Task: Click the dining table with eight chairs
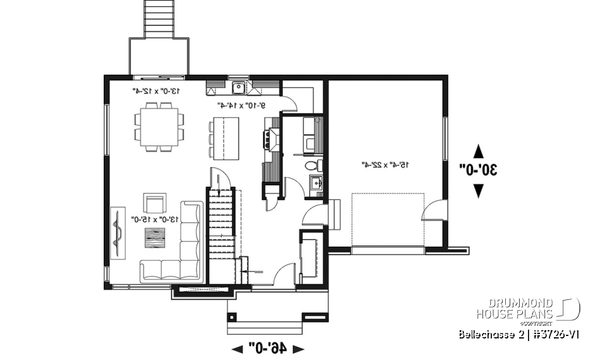tap(159, 127)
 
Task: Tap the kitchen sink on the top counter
tap(239, 88)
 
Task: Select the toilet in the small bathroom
tap(312, 166)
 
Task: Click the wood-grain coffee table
tap(154, 239)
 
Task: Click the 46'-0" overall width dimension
tap(268, 347)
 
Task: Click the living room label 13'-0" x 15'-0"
tap(156, 219)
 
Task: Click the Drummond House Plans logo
tap(528, 309)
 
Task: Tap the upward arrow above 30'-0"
tap(479, 151)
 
